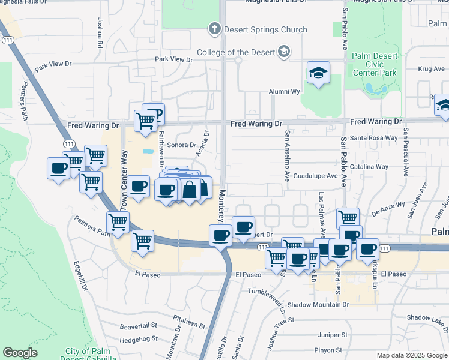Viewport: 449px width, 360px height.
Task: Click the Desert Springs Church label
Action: (x=265, y=29)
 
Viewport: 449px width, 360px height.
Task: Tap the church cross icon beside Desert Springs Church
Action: (x=214, y=28)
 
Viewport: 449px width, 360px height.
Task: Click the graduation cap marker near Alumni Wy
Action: (x=318, y=73)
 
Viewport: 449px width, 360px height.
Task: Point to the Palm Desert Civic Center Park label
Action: (x=375, y=64)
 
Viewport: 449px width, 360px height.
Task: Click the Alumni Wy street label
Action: (x=283, y=92)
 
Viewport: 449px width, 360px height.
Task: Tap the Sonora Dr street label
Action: (x=181, y=145)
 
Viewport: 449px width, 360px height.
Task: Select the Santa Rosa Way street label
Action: (x=374, y=138)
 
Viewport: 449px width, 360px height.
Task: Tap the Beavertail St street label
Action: (x=138, y=326)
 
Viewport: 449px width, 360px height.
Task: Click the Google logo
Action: (x=20, y=353)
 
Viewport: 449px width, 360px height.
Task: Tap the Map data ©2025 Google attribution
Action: (x=411, y=355)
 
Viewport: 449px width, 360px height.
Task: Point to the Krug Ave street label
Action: (x=431, y=69)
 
